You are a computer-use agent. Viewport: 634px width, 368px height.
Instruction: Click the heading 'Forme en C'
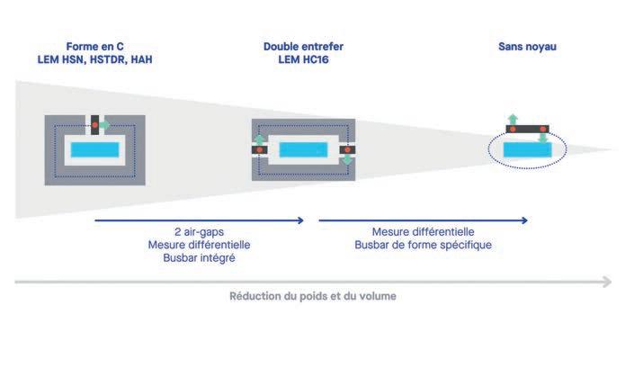point(94,46)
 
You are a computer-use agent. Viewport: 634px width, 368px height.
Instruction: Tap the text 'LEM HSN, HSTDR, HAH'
point(94,58)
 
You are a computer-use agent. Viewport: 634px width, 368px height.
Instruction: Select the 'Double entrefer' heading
point(304,46)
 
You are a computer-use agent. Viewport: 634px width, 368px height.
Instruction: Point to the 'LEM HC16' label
point(304,58)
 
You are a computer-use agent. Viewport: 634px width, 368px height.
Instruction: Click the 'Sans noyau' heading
point(527,46)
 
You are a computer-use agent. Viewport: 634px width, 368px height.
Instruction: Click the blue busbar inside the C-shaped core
point(95,149)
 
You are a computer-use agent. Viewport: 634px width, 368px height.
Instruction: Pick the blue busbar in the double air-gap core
point(303,150)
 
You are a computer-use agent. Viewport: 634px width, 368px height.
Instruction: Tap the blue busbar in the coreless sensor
point(528,150)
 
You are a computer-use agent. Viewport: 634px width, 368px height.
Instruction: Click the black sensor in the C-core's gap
point(93,123)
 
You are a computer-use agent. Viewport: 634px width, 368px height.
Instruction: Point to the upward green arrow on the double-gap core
point(258,139)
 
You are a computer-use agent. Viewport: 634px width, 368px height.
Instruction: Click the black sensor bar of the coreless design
point(528,130)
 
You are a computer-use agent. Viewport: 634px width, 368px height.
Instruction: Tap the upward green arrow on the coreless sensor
point(513,118)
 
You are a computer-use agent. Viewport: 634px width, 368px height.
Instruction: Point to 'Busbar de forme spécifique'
point(424,245)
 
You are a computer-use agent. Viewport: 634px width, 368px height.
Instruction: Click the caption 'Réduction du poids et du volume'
point(312,295)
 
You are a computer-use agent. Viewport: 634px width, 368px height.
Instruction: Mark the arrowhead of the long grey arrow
point(608,282)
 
